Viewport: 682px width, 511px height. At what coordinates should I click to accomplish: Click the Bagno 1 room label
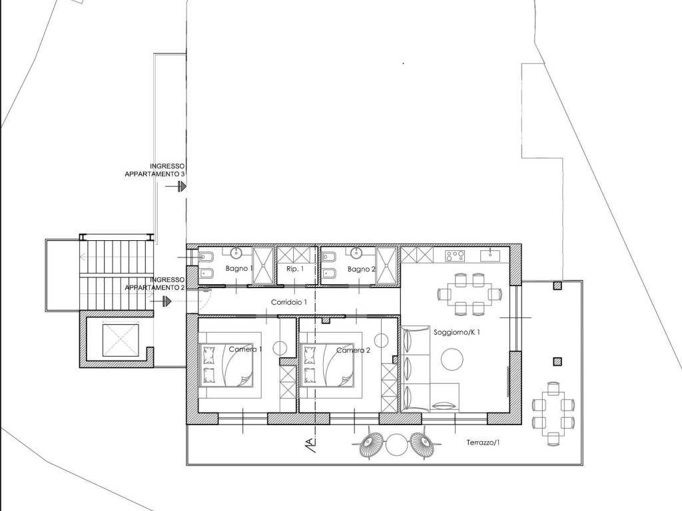(x=239, y=269)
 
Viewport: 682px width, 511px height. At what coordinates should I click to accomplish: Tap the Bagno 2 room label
(x=362, y=269)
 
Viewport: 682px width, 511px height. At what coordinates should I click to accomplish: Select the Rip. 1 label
(x=295, y=269)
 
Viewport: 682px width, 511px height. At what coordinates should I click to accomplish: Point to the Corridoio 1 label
(x=289, y=302)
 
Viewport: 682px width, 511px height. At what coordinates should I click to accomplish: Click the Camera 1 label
(x=245, y=349)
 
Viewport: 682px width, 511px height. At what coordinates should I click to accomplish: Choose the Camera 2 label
(x=353, y=350)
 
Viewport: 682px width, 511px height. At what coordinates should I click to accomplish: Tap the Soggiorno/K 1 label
(x=457, y=333)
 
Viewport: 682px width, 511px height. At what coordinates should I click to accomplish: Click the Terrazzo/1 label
(x=483, y=442)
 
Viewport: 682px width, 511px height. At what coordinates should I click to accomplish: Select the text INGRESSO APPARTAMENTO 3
(x=155, y=170)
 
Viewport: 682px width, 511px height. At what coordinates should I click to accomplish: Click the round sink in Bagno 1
(x=236, y=253)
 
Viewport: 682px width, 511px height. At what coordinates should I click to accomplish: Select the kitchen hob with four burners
(x=454, y=256)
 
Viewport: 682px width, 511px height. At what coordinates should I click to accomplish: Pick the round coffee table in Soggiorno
(x=452, y=359)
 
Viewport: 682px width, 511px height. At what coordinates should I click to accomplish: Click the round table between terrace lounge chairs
(x=396, y=445)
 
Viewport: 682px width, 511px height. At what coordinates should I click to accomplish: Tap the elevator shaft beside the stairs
(x=121, y=340)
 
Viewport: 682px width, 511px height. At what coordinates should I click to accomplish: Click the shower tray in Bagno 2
(x=386, y=265)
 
